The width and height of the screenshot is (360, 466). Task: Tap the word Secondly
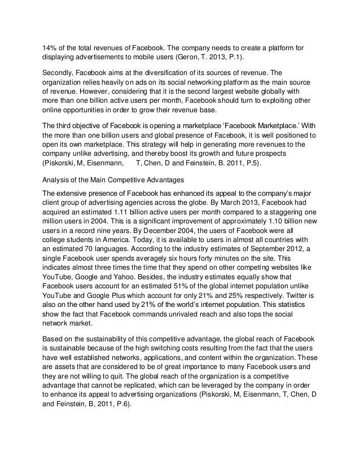coord(59,73)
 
